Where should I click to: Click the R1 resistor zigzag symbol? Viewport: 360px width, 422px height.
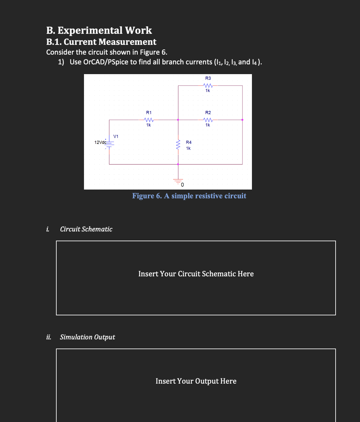point(148,120)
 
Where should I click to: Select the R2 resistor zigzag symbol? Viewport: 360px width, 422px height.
point(208,120)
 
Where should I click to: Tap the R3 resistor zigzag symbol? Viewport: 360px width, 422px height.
point(208,86)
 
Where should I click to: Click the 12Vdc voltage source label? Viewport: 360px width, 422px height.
point(100,142)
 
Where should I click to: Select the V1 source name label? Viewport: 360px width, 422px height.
point(116,136)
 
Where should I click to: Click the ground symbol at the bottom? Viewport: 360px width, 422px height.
point(178,181)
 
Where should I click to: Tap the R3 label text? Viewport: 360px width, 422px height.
point(208,78)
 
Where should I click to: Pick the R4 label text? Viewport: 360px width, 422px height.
point(189,142)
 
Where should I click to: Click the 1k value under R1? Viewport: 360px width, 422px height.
point(148,125)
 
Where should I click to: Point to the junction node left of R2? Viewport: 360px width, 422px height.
point(178,120)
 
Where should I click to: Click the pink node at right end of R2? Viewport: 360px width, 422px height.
point(242,120)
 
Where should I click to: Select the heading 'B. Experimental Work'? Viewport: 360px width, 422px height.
point(99,30)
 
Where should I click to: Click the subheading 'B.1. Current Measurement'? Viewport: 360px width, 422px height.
point(101,42)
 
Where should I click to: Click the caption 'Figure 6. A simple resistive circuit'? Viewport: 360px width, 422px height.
point(189,196)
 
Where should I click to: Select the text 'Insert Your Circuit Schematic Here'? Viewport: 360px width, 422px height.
point(196,274)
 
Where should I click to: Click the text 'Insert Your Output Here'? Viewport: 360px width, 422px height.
point(196,381)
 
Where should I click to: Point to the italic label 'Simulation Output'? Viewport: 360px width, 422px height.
point(87,337)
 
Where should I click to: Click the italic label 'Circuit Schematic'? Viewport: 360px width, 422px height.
point(86,229)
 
